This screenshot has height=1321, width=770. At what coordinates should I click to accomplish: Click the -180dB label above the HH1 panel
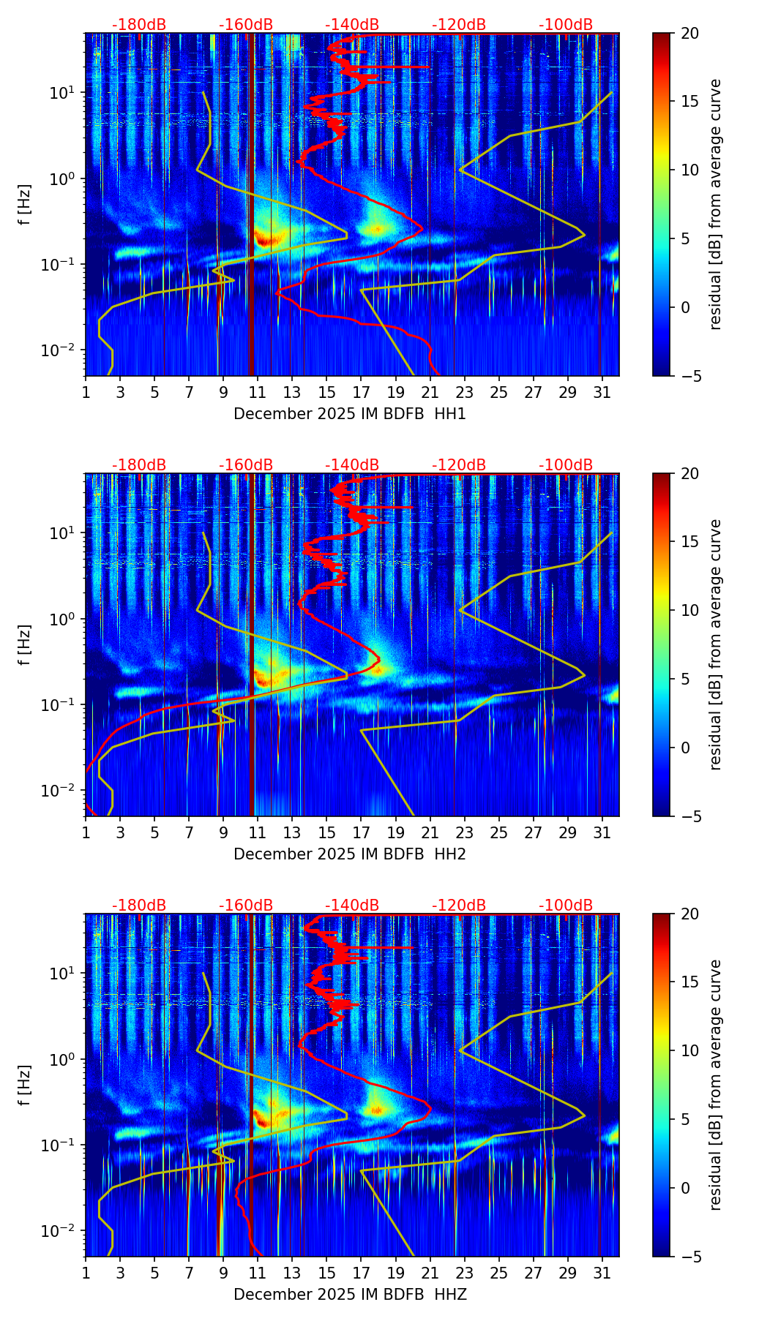pyautogui.click(x=139, y=25)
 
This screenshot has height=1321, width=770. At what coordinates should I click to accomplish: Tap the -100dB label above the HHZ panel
pyautogui.click(x=566, y=906)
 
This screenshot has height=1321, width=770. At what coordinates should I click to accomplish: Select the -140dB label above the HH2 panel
pyautogui.click(x=352, y=465)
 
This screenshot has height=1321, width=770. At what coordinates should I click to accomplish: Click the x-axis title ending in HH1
pyautogui.click(x=350, y=414)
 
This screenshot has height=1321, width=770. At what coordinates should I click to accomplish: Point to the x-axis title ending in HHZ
pyautogui.click(x=350, y=1295)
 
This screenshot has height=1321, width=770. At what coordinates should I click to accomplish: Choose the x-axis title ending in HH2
pyautogui.click(x=350, y=854)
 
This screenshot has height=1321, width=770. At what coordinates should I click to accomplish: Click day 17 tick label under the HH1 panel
pyautogui.click(x=361, y=392)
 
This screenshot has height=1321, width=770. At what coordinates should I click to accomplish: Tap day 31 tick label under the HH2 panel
pyautogui.click(x=602, y=832)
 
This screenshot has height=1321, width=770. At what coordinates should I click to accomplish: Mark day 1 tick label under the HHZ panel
pyautogui.click(x=86, y=1273)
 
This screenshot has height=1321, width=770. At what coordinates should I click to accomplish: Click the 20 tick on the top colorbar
pyautogui.click(x=689, y=34)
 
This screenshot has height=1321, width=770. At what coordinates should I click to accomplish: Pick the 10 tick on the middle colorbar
pyautogui.click(x=689, y=610)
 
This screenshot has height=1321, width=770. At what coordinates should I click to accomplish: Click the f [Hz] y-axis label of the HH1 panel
pyautogui.click(x=25, y=205)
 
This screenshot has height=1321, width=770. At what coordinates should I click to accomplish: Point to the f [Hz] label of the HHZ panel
pyautogui.click(x=25, y=1085)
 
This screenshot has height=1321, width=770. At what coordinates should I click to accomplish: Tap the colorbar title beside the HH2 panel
pyautogui.click(x=716, y=644)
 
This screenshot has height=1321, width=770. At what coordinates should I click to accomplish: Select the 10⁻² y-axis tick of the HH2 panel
pyautogui.click(x=58, y=791)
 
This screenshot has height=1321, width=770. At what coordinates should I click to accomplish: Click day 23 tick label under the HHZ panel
pyautogui.click(x=464, y=1273)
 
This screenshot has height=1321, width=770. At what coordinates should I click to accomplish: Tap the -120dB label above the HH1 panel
pyautogui.click(x=459, y=25)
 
